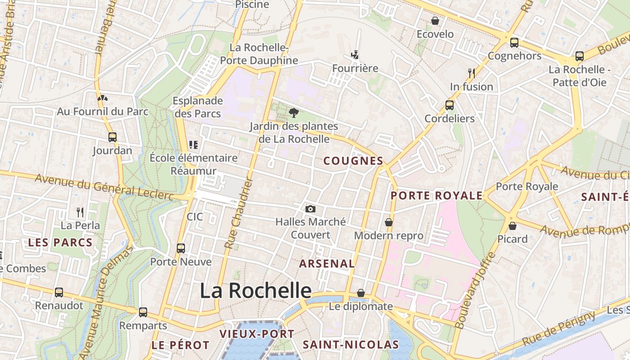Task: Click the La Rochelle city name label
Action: [255, 291]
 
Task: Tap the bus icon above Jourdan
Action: [112, 137]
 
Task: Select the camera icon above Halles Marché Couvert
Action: [310, 209]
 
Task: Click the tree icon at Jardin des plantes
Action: [294, 112]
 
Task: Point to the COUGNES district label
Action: [353, 161]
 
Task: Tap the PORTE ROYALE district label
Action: [436, 195]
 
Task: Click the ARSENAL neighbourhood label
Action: [327, 263]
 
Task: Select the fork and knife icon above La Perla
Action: [80, 212]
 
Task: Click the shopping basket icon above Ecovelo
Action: [435, 21]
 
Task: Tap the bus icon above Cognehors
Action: [514, 43]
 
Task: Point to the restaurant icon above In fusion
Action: [471, 73]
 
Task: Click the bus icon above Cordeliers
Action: [449, 105]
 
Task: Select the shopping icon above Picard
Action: [512, 225]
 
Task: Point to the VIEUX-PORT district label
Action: [256, 334]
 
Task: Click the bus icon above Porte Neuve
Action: [180, 248]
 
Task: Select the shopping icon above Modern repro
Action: [388, 222]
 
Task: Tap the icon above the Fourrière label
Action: [355, 55]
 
